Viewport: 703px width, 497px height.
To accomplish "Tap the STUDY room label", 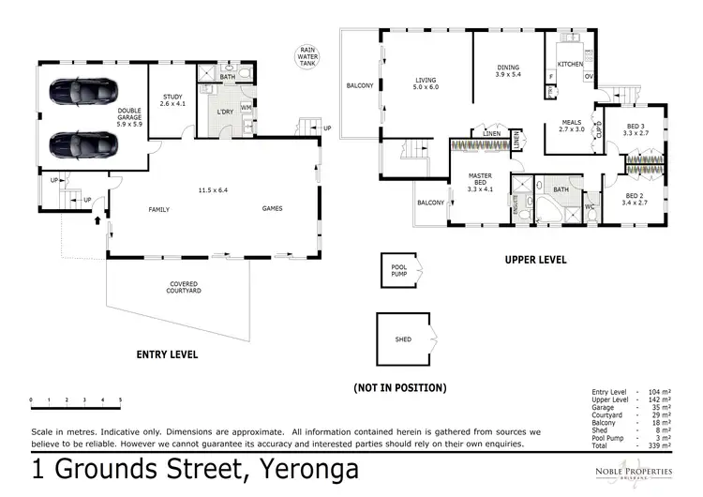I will pos(172,98).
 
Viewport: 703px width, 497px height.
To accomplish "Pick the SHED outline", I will pos(405,339).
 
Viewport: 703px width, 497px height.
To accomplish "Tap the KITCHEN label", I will pos(570,64).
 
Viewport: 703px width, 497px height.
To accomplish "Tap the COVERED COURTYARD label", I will pos(183,287).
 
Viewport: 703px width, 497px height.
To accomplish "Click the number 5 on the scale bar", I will pos(120,400).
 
